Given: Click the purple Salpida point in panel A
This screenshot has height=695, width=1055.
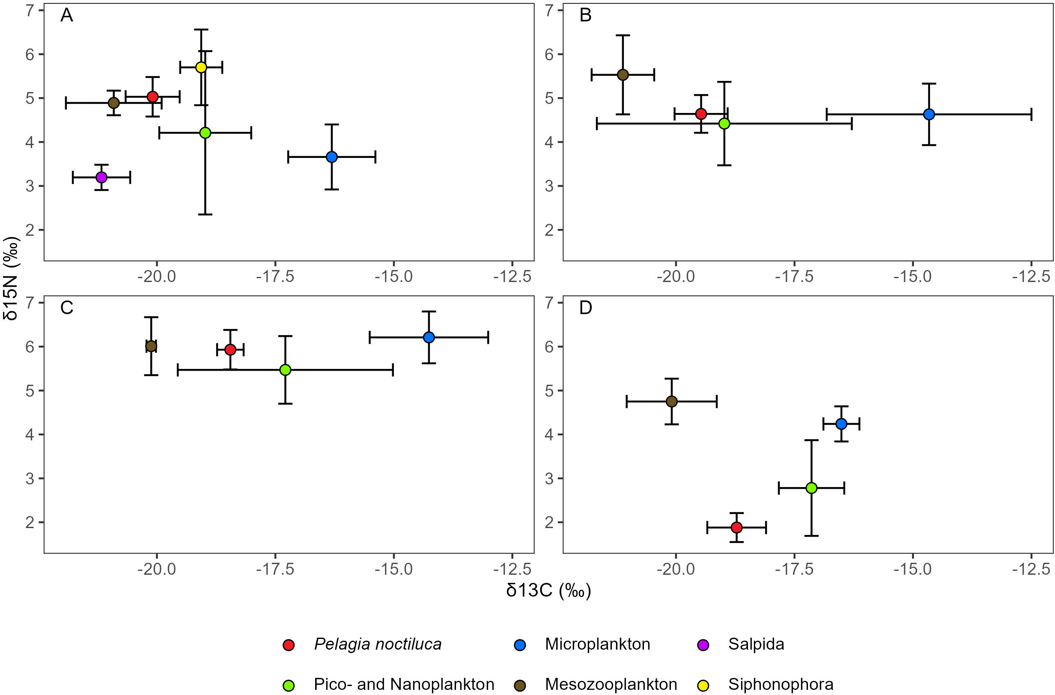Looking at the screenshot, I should (101, 177).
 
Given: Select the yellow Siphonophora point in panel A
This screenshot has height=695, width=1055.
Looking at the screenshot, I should (201, 67).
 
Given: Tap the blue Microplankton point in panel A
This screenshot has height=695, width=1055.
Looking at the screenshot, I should (332, 157).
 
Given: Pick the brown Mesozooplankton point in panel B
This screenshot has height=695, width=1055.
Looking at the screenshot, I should (623, 75).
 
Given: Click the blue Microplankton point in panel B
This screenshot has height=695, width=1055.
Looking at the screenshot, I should (929, 114).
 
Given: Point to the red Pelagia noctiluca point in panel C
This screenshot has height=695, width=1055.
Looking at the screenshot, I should (230, 350).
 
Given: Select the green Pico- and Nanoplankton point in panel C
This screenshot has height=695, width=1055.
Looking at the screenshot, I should (285, 370).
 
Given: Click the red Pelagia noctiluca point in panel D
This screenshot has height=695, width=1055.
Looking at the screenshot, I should (736, 527).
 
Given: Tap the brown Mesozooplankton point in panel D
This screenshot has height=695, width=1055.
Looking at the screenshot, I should (672, 401).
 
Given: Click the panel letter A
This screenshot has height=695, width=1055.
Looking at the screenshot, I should (66, 16).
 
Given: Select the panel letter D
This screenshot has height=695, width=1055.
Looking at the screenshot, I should (585, 308).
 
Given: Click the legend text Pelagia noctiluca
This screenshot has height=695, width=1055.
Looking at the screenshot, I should (377, 644).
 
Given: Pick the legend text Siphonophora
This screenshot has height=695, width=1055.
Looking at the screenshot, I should (781, 684).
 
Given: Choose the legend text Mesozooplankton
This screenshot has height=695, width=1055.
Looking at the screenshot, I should (611, 684).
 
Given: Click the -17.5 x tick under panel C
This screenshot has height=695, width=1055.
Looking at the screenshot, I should (275, 569).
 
